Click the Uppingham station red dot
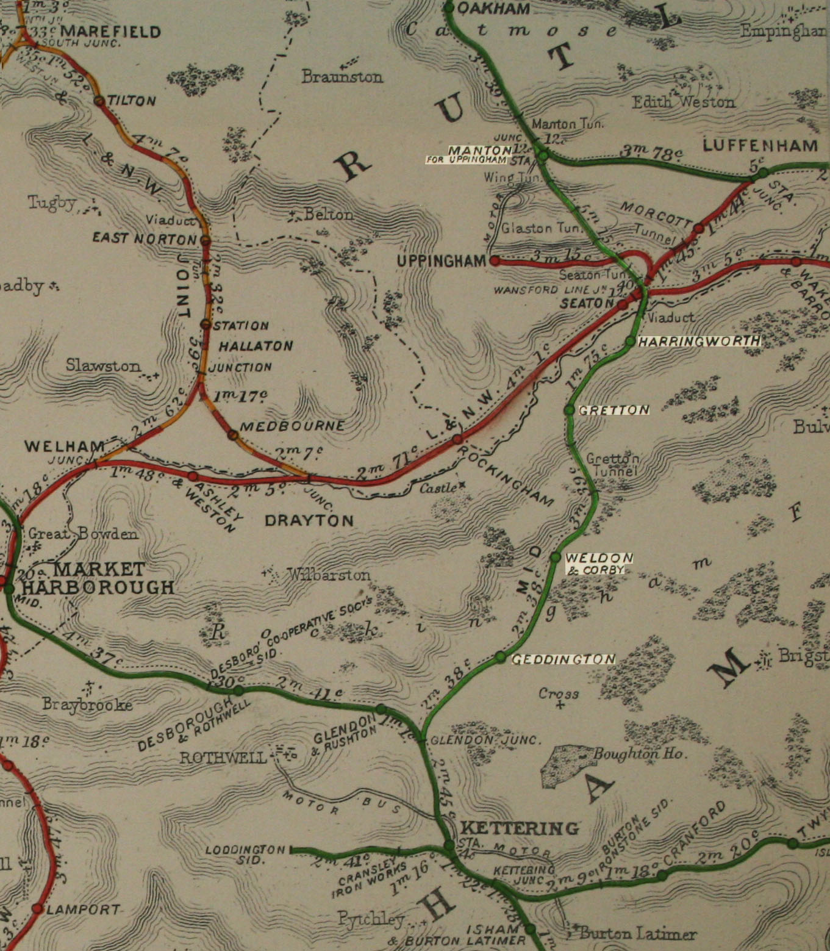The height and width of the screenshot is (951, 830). pos(495,261)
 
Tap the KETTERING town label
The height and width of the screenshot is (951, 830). pos(519,828)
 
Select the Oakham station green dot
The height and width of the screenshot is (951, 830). pos(449,8)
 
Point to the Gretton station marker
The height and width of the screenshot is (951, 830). pos(569,410)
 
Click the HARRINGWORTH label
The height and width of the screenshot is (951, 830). pos(698,342)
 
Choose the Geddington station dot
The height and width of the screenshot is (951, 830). pos(500,657)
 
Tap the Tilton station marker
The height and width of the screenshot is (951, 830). pos(99,101)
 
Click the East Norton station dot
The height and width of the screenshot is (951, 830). pos(205,240)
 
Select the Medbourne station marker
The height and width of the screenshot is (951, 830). pos(232,435)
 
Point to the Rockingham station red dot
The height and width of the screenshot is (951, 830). pos(457,438)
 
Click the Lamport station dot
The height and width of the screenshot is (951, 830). pos(37,908)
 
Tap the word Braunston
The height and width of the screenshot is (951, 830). pos(342,77)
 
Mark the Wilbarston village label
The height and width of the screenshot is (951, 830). pos(329,575)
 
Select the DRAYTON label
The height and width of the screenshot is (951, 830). pos(309,520)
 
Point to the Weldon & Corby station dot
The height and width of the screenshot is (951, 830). pos(555,557)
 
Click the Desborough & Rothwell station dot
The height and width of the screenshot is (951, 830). pos(238,691)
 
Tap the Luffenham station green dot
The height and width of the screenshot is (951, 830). pos(762,174)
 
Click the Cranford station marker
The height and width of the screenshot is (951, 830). pos(662,876)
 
